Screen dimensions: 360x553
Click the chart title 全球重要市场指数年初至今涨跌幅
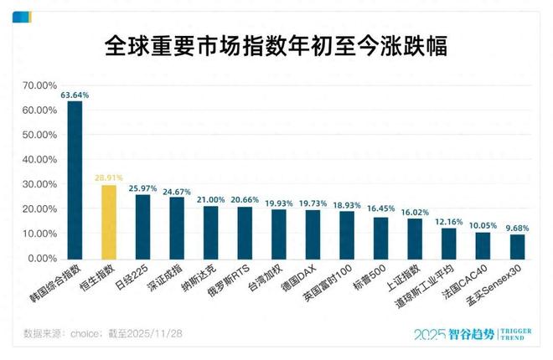276,46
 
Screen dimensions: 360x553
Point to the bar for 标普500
380,239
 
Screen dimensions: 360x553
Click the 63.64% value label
75,95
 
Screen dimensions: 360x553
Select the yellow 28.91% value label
109,179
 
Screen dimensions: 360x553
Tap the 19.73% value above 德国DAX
313,203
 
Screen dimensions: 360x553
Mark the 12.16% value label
448,221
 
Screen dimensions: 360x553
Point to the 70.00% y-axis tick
41,85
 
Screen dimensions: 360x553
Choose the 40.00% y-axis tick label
41,160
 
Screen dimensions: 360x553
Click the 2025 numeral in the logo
432,333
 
